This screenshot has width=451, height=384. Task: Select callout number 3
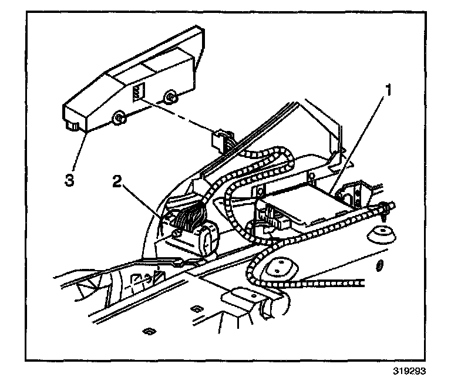pos(70,180)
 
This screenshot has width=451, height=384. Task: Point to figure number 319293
pos(409,371)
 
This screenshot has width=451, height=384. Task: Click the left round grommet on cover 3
pos(117,120)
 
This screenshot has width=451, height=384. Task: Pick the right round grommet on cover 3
pos(170,97)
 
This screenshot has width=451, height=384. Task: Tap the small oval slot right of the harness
pos(380,265)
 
